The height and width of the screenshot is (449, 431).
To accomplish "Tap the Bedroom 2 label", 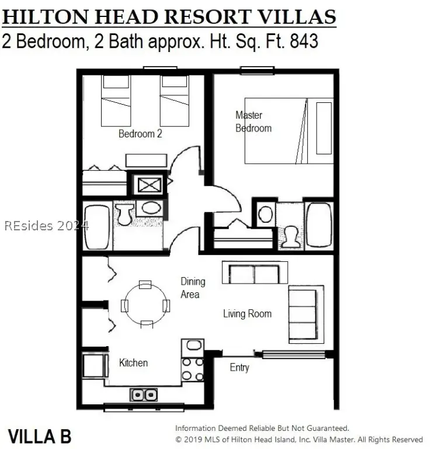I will click(140, 134).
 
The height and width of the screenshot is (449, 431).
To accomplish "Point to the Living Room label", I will click(247, 314).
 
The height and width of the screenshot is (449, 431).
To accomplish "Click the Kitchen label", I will click(133, 363).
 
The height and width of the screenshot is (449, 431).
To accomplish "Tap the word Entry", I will click(239, 368).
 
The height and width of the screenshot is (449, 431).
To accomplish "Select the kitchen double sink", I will click(143, 395).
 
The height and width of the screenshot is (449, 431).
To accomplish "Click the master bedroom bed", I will click(289, 130).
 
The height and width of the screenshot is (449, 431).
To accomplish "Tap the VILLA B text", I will click(39, 436).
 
